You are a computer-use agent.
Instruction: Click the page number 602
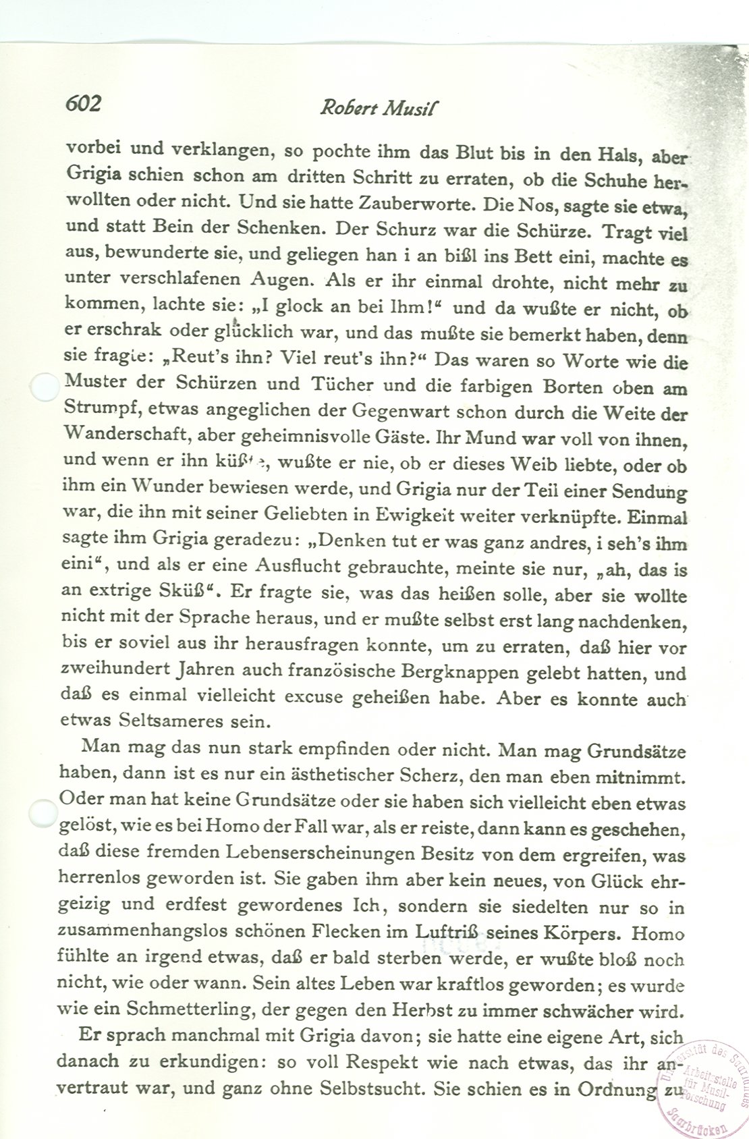(83, 103)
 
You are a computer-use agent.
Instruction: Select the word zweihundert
(116, 671)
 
